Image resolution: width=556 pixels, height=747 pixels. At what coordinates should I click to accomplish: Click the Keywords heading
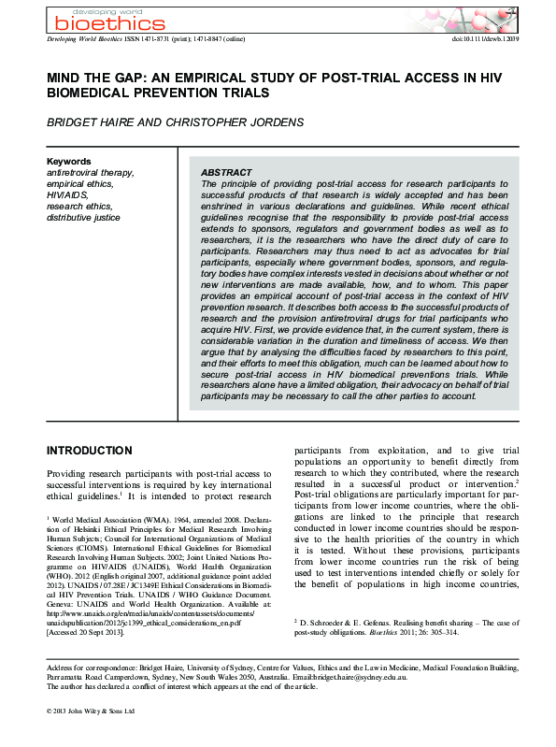point(68,161)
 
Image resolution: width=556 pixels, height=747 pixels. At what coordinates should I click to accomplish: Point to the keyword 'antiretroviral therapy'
point(91,173)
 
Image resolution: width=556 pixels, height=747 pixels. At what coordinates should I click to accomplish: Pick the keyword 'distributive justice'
point(83,217)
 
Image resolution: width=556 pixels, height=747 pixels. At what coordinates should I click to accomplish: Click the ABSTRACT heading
point(226,173)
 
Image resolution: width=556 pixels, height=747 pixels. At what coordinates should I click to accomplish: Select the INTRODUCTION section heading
point(90,450)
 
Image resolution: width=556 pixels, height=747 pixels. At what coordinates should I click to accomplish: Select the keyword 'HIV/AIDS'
point(66,195)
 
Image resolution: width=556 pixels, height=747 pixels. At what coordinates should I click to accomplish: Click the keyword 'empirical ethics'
point(80,184)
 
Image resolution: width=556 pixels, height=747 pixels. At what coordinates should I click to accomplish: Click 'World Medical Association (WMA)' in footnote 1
point(113,518)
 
